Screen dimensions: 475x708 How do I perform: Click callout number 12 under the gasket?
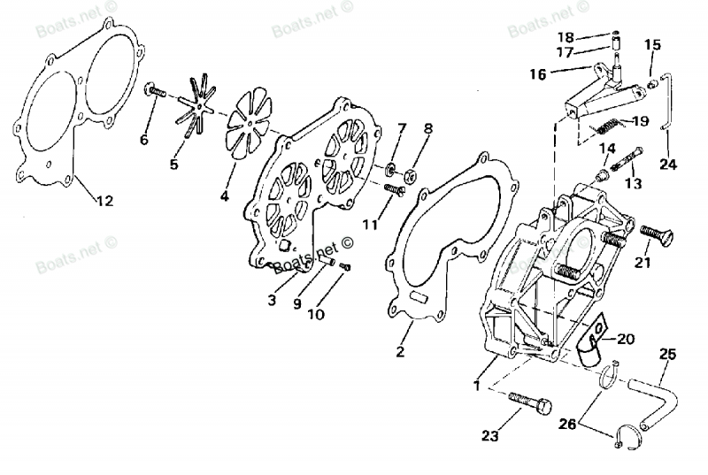coord(104,202)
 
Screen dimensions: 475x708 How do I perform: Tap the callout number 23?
coord(490,435)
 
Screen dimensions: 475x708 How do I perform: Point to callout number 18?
coord(564,37)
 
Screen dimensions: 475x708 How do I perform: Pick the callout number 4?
coord(225,195)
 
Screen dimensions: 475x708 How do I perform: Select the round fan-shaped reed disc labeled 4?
coord(240,129)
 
